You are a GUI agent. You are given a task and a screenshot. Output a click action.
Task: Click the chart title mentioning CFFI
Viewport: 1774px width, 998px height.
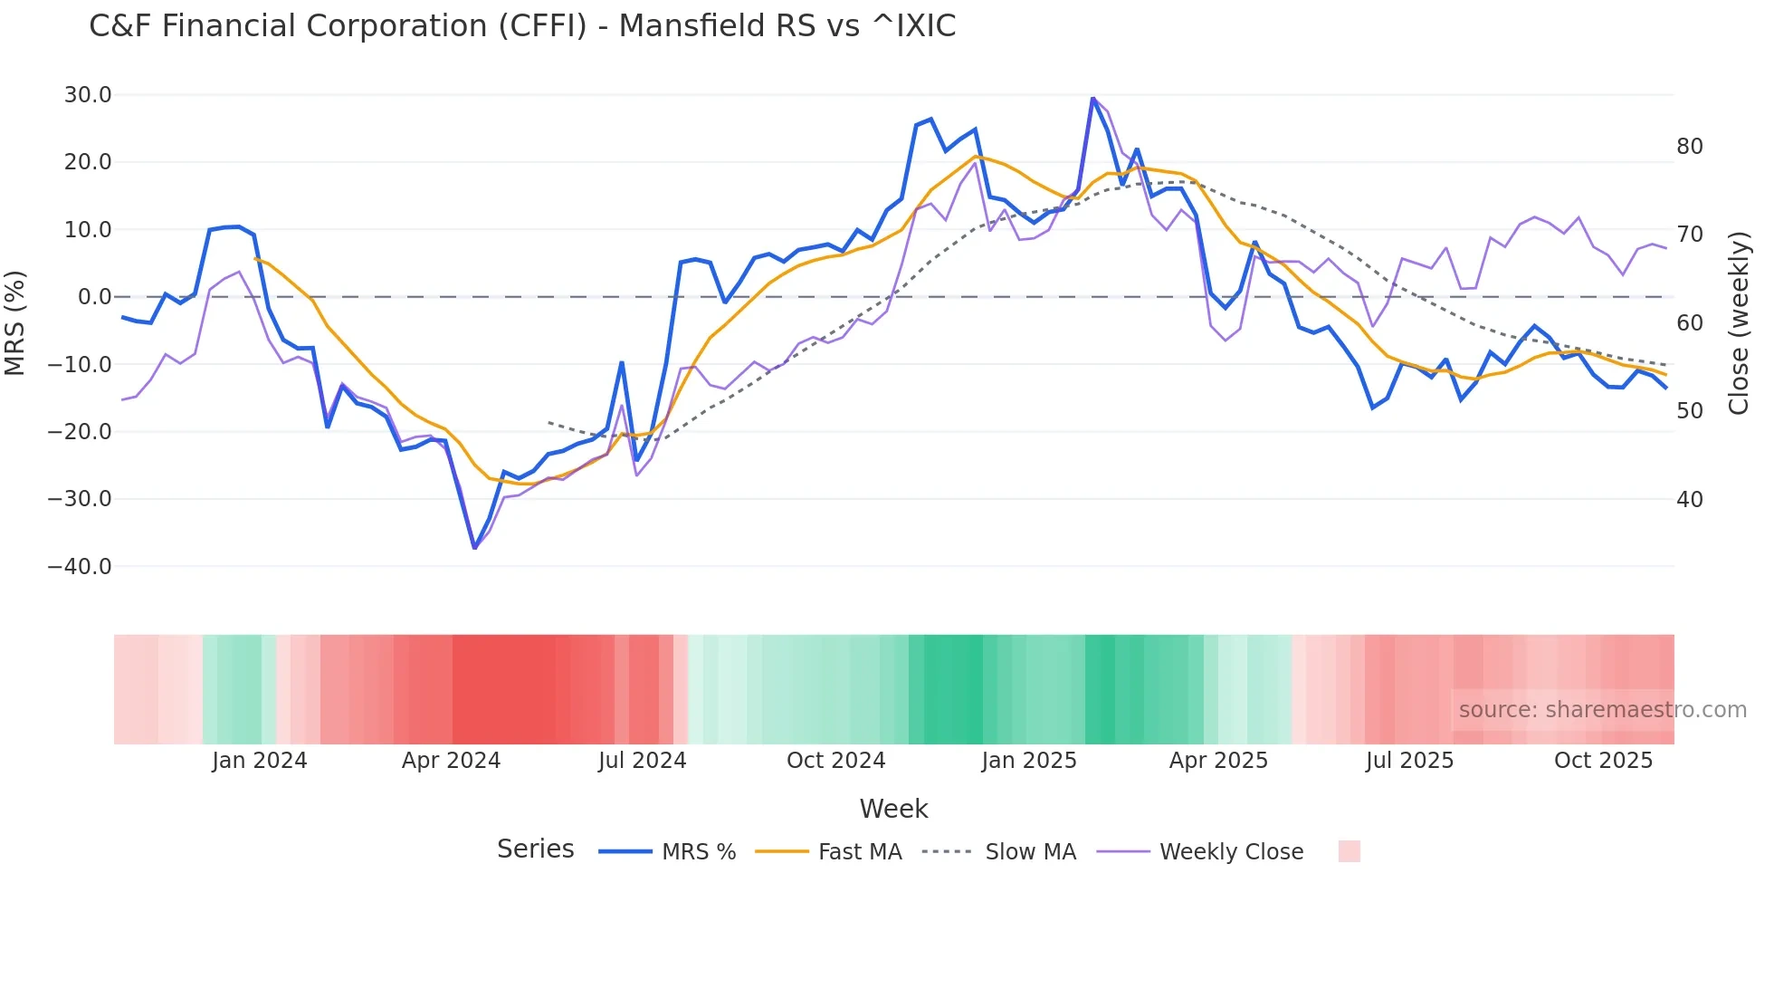pyautogui.click(x=522, y=26)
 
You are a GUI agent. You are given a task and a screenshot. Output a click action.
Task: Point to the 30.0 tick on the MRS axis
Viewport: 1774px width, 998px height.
pyautogui.click(x=88, y=95)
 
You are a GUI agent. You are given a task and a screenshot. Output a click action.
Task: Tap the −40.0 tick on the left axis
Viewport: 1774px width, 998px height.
pyautogui.click(x=80, y=567)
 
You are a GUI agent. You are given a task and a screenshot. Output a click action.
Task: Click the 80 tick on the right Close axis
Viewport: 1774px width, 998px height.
pyautogui.click(x=1689, y=147)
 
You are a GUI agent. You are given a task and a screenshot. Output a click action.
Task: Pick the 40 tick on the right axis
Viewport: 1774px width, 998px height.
pyautogui.click(x=1689, y=500)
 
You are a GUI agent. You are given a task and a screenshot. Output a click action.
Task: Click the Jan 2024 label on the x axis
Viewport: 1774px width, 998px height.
pyautogui.click(x=260, y=761)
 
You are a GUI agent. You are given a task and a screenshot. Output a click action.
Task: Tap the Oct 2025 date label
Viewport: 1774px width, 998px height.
pyautogui.click(x=1603, y=761)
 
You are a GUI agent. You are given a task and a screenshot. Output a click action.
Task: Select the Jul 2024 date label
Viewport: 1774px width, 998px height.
pyautogui.click(x=642, y=761)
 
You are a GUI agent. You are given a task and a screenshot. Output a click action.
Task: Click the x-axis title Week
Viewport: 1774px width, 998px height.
pyautogui.click(x=893, y=809)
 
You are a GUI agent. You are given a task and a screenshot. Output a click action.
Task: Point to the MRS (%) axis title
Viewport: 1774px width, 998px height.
pyautogui.click(x=15, y=323)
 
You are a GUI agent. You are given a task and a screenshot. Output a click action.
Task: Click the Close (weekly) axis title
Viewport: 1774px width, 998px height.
pyautogui.click(x=1738, y=323)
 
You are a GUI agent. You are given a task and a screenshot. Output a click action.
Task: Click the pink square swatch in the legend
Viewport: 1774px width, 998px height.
pyautogui.click(x=1349, y=851)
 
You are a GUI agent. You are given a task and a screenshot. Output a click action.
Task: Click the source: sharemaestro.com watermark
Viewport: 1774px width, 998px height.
pyautogui.click(x=1602, y=710)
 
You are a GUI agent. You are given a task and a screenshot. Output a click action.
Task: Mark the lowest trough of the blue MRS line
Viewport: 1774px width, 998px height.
pyautogui.click(x=474, y=548)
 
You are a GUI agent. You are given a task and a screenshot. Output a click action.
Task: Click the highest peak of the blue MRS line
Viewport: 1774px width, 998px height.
pyautogui.click(x=1092, y=98)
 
